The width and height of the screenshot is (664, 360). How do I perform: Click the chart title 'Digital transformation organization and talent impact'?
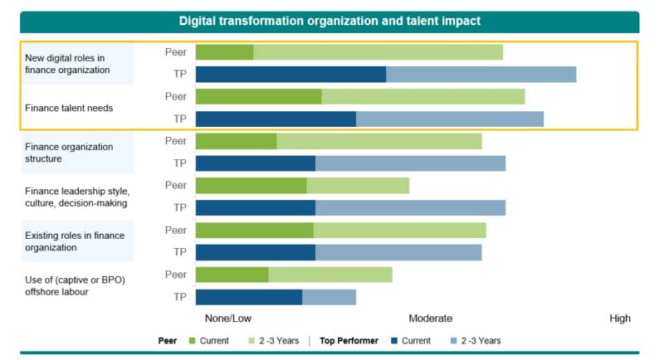click(330, 21)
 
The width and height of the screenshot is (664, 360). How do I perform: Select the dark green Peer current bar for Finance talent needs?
click(258, 96)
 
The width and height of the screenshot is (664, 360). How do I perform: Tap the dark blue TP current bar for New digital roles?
click(290, 75)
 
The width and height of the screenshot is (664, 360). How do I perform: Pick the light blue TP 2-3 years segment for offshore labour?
click(329, 297)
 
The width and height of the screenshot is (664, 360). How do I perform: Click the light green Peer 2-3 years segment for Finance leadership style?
click(358, 185)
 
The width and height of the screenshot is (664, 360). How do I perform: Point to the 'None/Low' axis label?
click(227, 319)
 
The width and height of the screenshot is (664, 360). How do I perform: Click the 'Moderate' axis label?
click(430, 319)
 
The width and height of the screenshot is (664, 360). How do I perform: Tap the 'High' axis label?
click(619, 319)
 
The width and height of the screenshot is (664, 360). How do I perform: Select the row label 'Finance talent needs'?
click(69, 108)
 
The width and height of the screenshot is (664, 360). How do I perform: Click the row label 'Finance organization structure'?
click(69, 153)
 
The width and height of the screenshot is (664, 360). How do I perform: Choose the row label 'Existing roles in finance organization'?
click(75, 241)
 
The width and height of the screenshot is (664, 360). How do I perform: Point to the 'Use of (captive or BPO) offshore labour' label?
click(75, 286)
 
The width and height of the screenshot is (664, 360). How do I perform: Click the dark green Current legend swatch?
click(193, 341)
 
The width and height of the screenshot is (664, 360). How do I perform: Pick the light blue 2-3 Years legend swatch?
click(453, 341)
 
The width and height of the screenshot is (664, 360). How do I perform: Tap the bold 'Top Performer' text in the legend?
click(350, 341)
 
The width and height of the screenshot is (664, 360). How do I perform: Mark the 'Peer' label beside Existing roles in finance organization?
click(176, 230)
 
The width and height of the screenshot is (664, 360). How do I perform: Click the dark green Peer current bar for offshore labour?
click(232, 275)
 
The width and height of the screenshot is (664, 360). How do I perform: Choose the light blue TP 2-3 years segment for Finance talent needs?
click(449, 119)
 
